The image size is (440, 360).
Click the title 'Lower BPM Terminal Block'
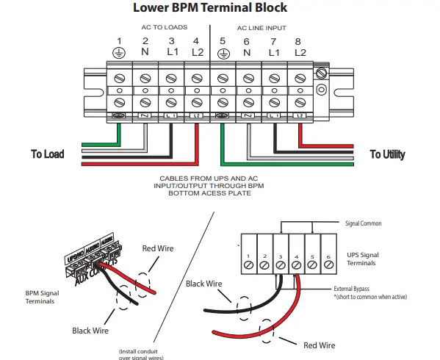click(209, 8)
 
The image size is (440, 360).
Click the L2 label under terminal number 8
click(300, 52)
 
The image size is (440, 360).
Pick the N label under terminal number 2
click(145, 52)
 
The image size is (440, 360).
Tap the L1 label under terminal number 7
click(274, 52)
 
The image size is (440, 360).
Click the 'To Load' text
click(47, 154)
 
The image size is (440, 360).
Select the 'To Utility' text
click(387, 154)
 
